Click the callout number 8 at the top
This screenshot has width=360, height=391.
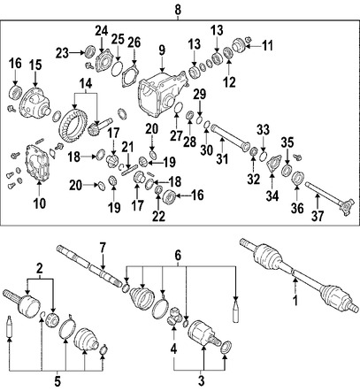(x=178, y=10)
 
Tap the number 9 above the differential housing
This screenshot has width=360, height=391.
(x=162, y=50)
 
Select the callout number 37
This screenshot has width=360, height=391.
(x=318, y=216)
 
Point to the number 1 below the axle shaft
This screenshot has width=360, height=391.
(x=295, y=301)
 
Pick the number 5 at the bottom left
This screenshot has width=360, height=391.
(x=57, y=381)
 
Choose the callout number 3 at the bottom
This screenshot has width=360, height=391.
(x=201, y=380)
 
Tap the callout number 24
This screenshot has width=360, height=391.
(x=102, y=30)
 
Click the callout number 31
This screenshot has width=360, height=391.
(x=222, y=159)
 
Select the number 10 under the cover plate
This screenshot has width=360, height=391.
(x=40, y=203)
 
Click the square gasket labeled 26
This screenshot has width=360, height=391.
(x=130, y=77)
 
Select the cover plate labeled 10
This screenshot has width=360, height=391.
(x=37, y=163)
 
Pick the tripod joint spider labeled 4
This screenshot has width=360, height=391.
(x=174, y=316)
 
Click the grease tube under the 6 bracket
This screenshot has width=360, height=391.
(x=235, y=311)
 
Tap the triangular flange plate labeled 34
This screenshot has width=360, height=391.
(x=273, y=164)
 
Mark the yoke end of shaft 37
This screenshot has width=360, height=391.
(x=347, y=207)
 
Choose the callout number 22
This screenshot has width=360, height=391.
(x=158, y=217)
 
